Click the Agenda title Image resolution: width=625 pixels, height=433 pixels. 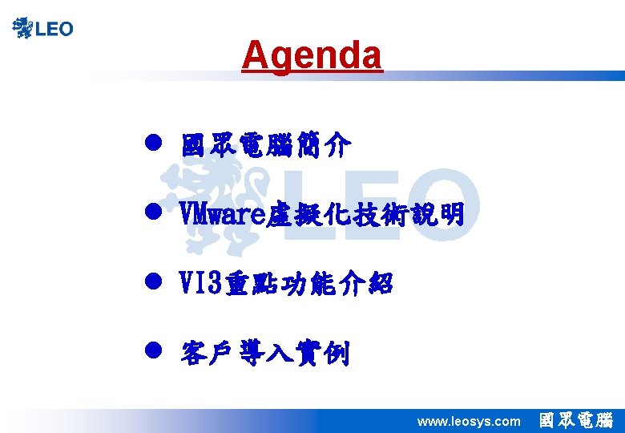point(312,55)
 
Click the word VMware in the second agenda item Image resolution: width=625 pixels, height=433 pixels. point(220,214)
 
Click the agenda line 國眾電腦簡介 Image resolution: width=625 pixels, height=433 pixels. point(265,146)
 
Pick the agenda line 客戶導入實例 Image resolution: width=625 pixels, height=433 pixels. point(265,352)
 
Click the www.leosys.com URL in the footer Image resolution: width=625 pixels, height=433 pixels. point(469,421)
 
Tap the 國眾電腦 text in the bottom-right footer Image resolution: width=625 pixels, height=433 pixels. point(576,420)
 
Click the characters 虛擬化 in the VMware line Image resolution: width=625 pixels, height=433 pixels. point(296,214)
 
